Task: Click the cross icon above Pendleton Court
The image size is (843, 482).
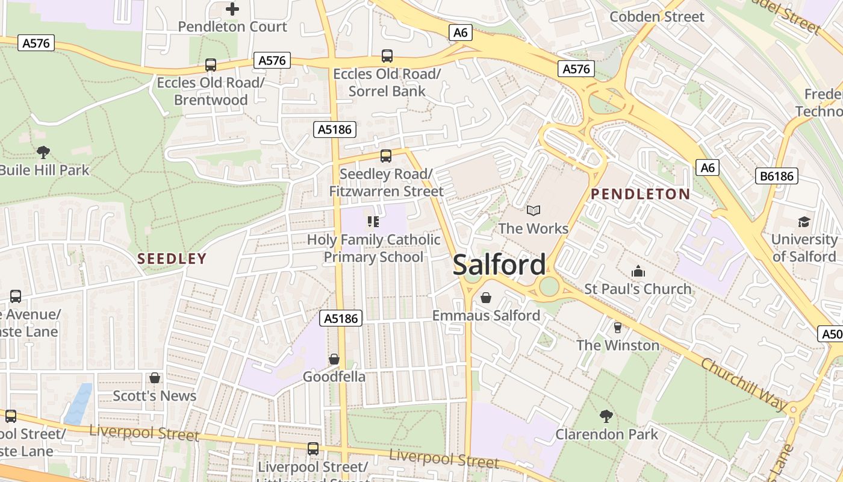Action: pos(232,9)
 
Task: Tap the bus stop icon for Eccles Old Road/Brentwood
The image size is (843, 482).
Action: pos(211,65)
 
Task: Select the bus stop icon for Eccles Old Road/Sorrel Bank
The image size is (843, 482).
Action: pos(387,57)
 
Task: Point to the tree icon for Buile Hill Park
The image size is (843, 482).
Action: pos(43,152)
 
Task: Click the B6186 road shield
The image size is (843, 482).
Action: pos(777,176)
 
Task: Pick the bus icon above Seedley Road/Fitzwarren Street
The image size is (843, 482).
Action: pos(386,157)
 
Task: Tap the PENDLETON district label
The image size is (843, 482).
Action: pos(640,194)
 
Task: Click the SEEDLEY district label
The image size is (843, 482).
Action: pos(172,259)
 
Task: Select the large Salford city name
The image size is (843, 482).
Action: pos(499,265)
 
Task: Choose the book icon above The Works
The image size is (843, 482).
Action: pos(533,210)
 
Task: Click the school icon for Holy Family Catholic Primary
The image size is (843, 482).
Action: pos(373,222)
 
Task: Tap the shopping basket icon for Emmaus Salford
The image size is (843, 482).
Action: pos(486,298)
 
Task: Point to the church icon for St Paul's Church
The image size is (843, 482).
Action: pos(638,271)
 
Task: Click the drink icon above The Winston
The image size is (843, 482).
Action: pos(617,328)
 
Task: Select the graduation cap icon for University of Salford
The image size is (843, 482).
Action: pos(804,222)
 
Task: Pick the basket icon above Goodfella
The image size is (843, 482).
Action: pos(334,360)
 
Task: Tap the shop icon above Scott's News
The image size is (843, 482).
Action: pos(155,378)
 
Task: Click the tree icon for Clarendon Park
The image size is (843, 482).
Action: pos(606,416)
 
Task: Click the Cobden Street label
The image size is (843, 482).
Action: pos(656,17)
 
